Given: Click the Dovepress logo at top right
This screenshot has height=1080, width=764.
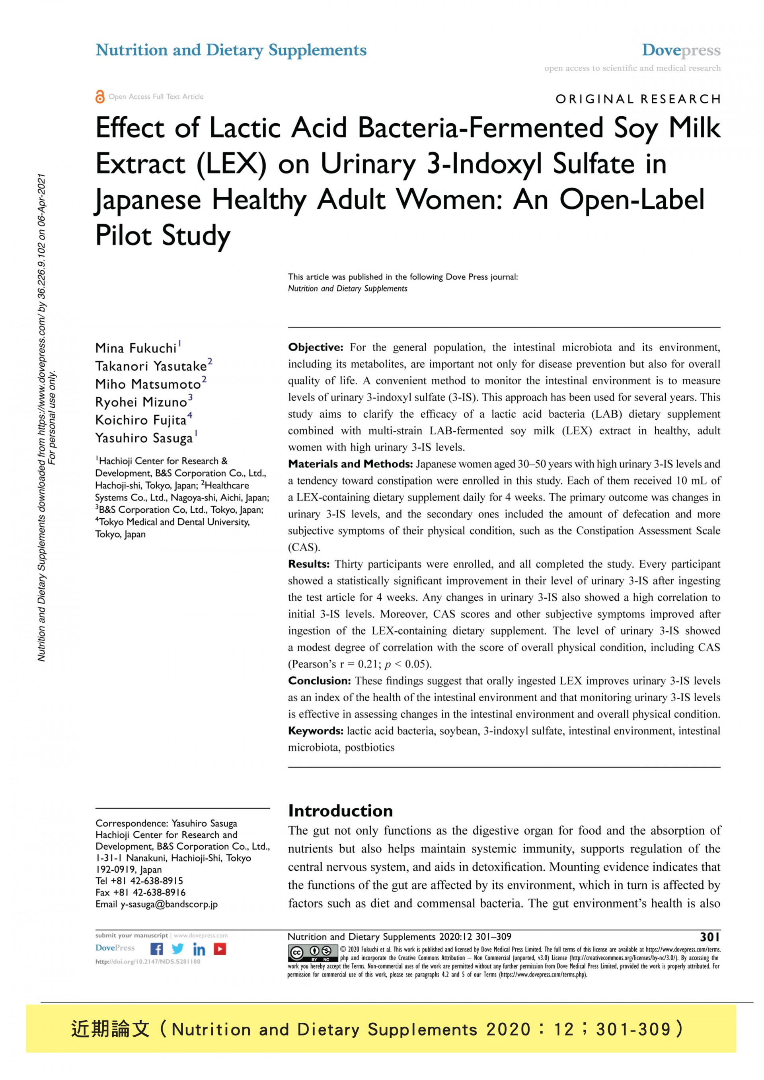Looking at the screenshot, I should [x=681, y=50].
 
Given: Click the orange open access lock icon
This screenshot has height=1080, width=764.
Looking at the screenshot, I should [x=100, y=96].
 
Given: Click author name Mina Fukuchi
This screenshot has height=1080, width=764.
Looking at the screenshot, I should [x=136, y=348].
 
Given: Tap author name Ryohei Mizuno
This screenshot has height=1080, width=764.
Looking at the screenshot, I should [x=141, y=402].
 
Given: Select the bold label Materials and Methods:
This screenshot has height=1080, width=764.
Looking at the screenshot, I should [x=351, y=464].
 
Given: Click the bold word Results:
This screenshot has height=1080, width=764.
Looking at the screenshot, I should [x=309, y=564].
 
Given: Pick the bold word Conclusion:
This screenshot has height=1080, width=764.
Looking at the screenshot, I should [x=320, y=681].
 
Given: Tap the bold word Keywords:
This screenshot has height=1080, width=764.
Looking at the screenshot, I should [x=316, y=730].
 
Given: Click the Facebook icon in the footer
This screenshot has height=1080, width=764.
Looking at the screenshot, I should [x=157, y=949].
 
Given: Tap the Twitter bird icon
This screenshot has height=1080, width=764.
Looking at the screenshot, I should [x=178, y=949].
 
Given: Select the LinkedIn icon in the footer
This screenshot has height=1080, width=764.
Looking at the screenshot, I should [x=199, y=949].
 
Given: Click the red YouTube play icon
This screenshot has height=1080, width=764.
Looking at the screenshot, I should [x=220, y=949].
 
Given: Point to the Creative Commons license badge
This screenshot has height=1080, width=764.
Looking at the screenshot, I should [x=312, y=954].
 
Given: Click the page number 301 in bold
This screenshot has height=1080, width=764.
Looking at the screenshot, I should [x=709, y=937].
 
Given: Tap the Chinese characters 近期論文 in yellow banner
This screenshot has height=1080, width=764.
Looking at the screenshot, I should [x=110, y=1029].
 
